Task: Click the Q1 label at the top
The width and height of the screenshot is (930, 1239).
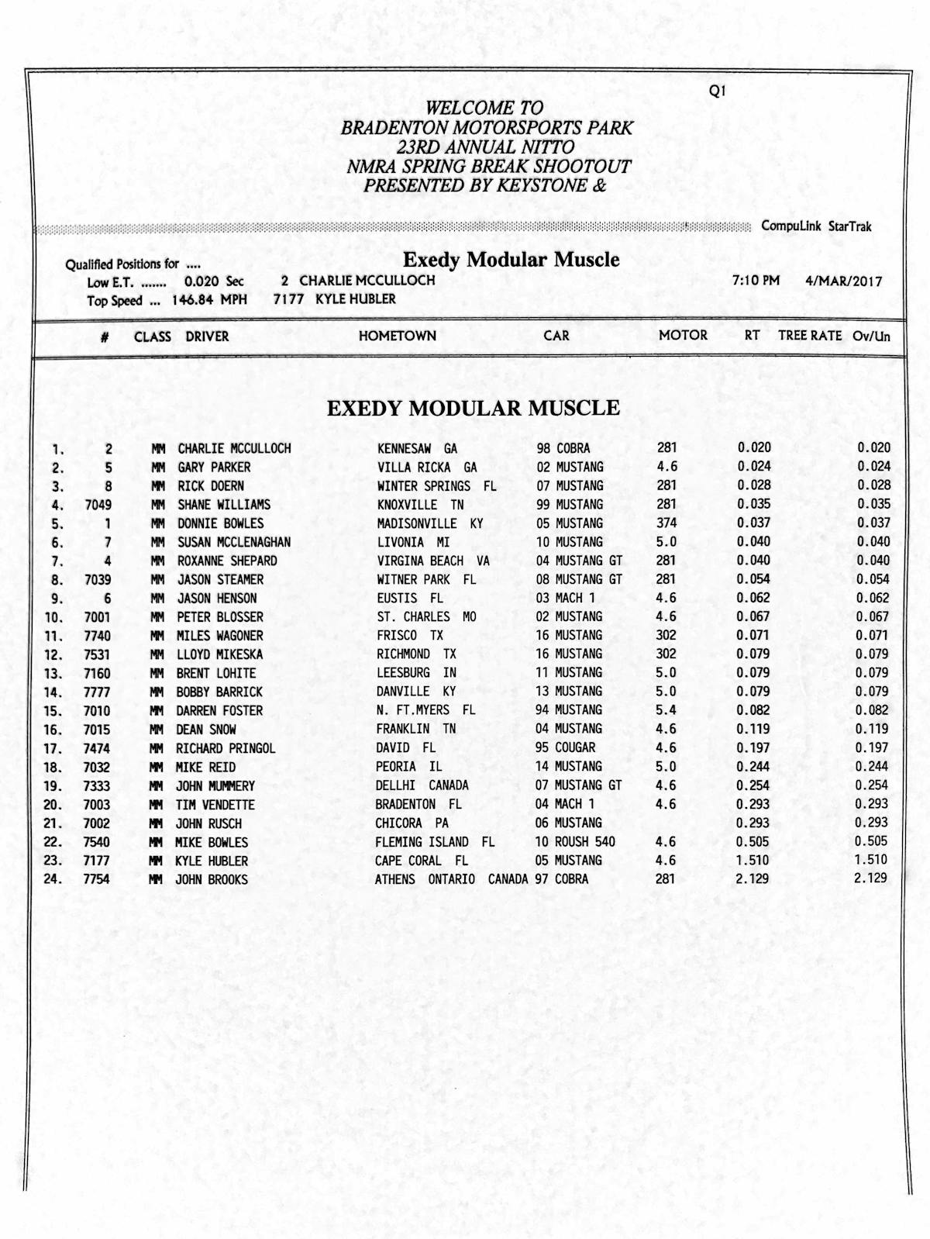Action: click(x=717, y=91)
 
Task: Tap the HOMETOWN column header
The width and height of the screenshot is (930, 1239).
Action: click(x=397, y=336)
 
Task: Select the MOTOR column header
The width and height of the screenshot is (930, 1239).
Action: click(x=683, y=335)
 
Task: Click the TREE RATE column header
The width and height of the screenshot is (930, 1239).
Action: click(x=810, y=335)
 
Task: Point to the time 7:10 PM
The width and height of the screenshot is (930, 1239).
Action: click(x=756, y=280)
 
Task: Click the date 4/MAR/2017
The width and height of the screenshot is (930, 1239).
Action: click(x=843, y=281)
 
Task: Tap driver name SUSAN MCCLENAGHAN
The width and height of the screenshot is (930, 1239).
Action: click(x=234, y=542)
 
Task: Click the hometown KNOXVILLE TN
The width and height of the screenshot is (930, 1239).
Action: click(x=420, y=505)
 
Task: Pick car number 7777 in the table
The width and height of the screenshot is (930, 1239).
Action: click(x=97, y=692)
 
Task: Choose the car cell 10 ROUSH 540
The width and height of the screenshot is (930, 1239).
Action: click(x=574, y=842)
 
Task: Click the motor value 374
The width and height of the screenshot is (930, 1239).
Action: click(x=666, y=523)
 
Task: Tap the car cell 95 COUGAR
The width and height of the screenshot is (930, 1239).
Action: click(x=565, y=747)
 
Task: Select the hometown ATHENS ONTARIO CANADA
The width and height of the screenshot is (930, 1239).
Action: click(x=451, y=879)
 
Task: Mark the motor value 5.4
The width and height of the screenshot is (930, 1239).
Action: click(x=666, y=710)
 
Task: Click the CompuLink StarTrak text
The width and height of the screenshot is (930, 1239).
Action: click(x=816, y=226)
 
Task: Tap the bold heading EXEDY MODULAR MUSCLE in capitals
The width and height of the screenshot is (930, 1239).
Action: click(x=473, y=409)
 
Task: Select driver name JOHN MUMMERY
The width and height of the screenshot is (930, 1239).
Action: click(x=215, y=785)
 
